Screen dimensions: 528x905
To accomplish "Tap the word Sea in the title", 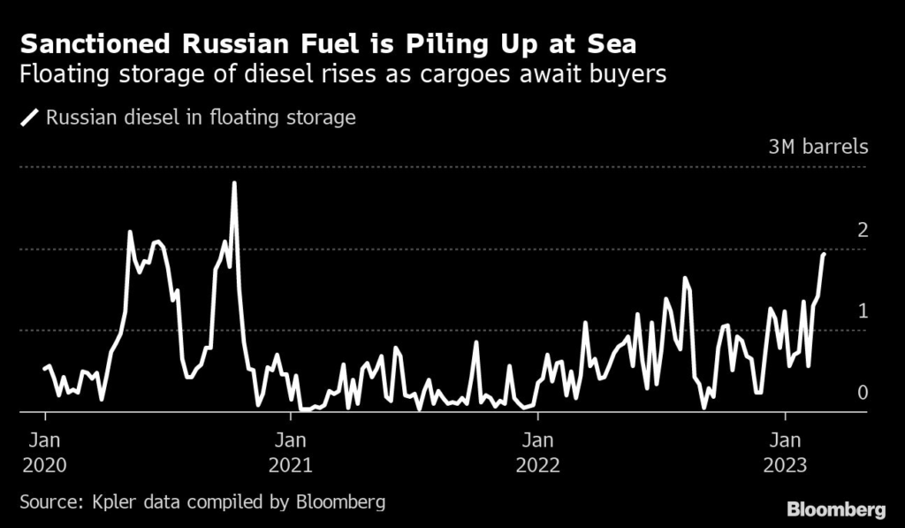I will (608, 43).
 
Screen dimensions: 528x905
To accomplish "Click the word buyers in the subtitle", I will (623, 75).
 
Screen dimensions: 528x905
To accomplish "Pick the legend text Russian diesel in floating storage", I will (201, 118).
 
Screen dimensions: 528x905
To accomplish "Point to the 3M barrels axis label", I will (818, 147).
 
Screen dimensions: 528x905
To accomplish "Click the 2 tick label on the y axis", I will (863, 230).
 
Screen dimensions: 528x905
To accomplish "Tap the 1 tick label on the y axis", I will (863, 311).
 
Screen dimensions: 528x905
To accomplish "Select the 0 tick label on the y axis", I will (863, 393).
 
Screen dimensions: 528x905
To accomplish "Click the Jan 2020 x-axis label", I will (44, 452).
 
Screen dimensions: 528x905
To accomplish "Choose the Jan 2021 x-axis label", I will (291, 452).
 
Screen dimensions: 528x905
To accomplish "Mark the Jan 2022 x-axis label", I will (536, 452).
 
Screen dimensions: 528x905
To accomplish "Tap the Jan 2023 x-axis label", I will (786, 452).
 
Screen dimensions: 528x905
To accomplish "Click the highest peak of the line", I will (234, 183).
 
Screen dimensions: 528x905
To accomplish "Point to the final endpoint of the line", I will (824, 254).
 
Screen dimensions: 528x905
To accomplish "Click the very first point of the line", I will (44, 368).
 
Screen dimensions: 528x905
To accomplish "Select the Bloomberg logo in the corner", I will (836, 509).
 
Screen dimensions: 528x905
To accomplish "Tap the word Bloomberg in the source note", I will (340, 502).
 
